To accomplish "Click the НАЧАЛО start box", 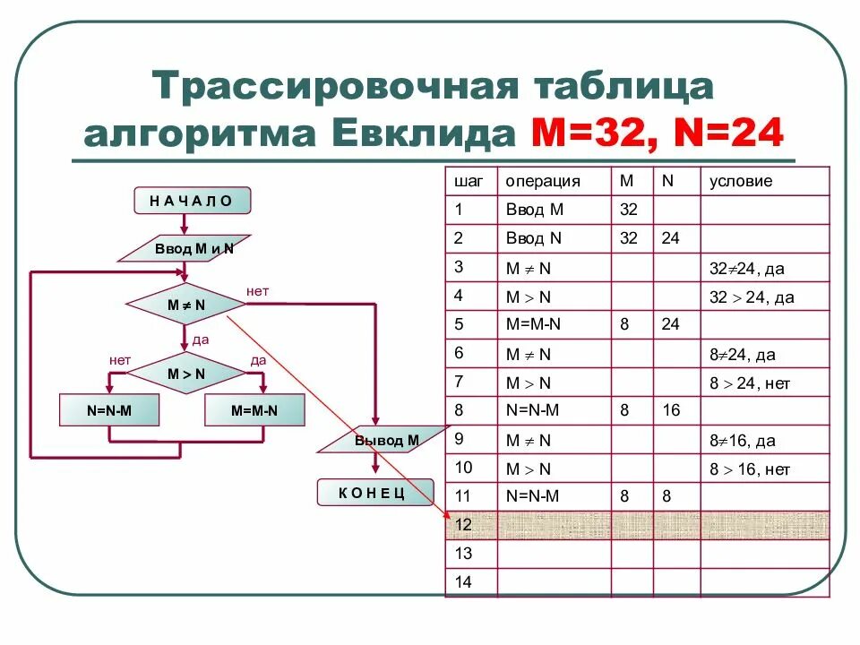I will (192, 201).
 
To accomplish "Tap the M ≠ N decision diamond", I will (186, 305).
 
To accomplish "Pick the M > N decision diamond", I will (186, 374).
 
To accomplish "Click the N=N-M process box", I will (110, 410).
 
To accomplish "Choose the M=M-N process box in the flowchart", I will (254, 410).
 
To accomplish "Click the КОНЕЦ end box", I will (374, 492).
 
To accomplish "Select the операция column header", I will (543, 181).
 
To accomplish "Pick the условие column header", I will (741, 181).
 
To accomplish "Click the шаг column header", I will (469, 181).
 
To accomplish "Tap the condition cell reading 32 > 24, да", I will (752, 297).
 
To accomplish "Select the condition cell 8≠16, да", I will (742, 441).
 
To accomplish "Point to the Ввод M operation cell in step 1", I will (535, 211).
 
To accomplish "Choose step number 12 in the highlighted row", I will (463, 524).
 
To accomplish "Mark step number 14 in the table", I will (463, 581).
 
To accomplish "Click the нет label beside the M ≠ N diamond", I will (257, 291).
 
